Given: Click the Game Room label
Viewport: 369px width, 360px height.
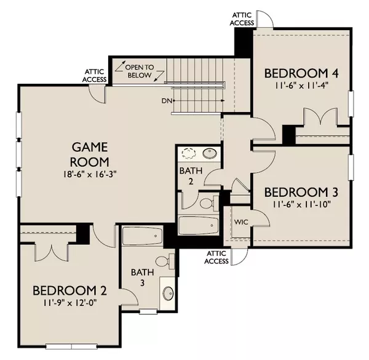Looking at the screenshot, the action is point(90,154).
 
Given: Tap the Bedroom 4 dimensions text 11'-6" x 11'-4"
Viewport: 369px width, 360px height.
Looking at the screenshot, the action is point(301,86).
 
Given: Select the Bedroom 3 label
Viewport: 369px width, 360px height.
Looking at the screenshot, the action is point(301,192).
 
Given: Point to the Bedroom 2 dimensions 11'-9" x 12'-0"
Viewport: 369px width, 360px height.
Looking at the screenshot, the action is point(70,302).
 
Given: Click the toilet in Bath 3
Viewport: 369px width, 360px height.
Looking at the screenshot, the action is point(165,262).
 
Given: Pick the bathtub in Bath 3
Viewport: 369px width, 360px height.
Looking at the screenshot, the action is point(143,236).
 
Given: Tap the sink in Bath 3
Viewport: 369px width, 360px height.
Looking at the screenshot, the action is point(169,294).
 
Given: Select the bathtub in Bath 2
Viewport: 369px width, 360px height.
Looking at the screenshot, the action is point(199,225).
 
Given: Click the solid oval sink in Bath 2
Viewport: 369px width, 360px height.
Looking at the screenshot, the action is point(210,153).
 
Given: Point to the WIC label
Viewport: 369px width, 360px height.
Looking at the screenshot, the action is point(241,222).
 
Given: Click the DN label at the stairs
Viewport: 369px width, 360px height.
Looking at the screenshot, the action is point(167,101).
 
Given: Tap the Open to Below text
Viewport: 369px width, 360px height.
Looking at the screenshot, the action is point(140,71).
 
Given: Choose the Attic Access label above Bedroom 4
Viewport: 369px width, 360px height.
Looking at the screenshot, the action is point(242,19).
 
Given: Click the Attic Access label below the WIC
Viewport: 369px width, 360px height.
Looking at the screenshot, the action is point(216,257).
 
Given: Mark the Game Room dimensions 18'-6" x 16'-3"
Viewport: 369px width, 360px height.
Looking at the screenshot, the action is point(90,175).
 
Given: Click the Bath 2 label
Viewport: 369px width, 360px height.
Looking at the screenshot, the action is point(191,176).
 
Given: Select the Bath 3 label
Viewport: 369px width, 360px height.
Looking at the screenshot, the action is point(143,278).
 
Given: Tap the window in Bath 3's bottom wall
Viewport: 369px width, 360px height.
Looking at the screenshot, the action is point(148,312).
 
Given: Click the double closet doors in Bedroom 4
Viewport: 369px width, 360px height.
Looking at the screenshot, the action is point(320,116).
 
